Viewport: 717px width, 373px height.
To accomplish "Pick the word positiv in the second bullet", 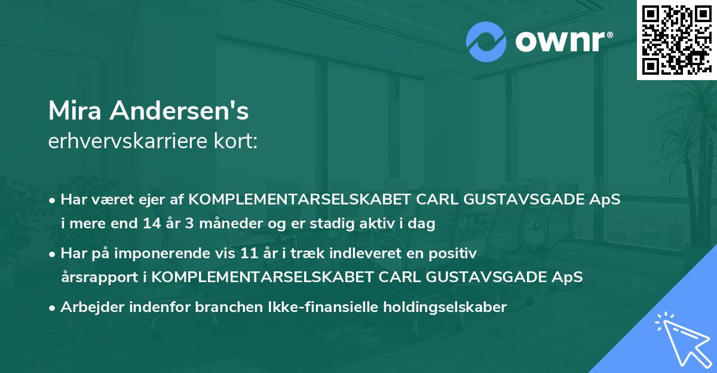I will point(456,254).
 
